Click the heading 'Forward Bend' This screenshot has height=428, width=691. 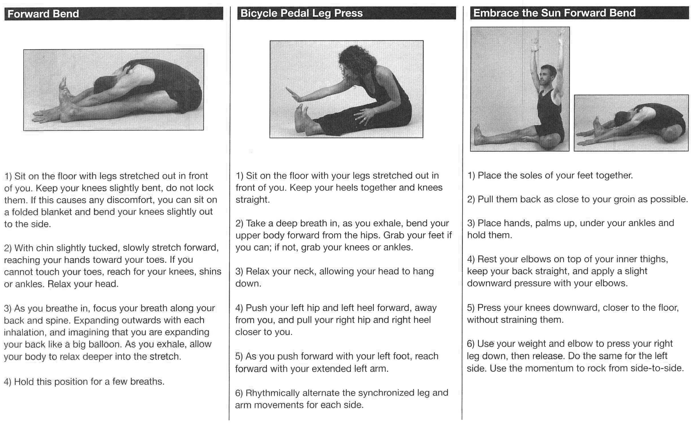tap(43, 14)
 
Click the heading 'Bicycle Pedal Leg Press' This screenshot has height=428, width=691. tap(301, 13)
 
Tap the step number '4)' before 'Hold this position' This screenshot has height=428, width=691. tap(8, 382)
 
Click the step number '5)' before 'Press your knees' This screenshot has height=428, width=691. tap(471, 308)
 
